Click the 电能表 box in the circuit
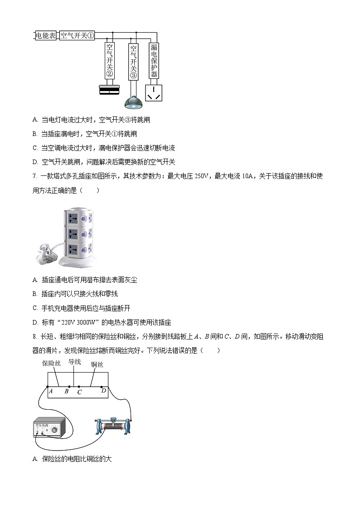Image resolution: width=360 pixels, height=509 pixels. (x=46, y=35)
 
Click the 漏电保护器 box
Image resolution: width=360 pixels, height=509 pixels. (x=154, y=61)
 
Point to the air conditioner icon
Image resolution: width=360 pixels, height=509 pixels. (x=109, y=90)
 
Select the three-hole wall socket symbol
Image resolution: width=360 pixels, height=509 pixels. (x=153, y=93)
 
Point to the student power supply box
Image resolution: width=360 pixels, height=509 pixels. (x=50, y=428)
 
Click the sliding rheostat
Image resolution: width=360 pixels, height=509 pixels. (x=113, y=426)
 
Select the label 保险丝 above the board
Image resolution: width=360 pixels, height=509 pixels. (x=51, y=364)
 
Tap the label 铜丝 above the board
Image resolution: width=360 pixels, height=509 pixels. (x=97, y=364)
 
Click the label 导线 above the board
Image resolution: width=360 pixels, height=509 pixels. (x=74, y=362)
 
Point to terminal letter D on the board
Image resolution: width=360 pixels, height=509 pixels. (x=103, y=390)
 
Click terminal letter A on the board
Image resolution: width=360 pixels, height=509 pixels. (x=51, y=391)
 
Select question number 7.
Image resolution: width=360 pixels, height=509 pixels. (x=34, y=176)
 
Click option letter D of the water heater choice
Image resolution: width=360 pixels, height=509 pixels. (x=35, y=323)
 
